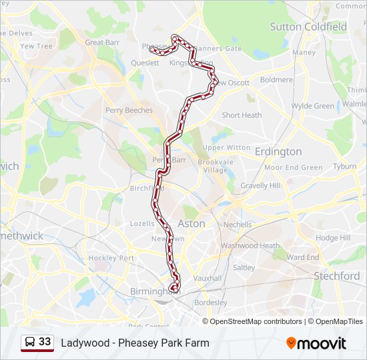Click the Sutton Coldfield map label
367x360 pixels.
click(308, 27)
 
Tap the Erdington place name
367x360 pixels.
click(278, 152)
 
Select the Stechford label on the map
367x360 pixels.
click(337, 275)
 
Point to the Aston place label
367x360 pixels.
click(192, 224)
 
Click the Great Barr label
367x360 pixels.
click(103, 42)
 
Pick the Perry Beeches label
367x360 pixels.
click(129, 110)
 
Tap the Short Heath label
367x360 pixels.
click(242, 115)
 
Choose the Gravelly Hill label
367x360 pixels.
click(260, 186)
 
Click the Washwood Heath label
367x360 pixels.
click(250, 245)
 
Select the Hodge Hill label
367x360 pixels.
click(333, 238)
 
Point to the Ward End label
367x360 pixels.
click(303, 257)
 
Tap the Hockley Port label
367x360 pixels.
click(111, 258)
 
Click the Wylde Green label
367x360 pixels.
click(312, 106)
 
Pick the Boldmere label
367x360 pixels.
click(276, 79)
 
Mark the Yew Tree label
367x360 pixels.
click(36, 46)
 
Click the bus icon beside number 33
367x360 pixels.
click(30, 343)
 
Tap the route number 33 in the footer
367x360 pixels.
click(45, 342)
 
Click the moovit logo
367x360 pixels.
click(316, 343)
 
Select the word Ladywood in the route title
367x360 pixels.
click(83, 343)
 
